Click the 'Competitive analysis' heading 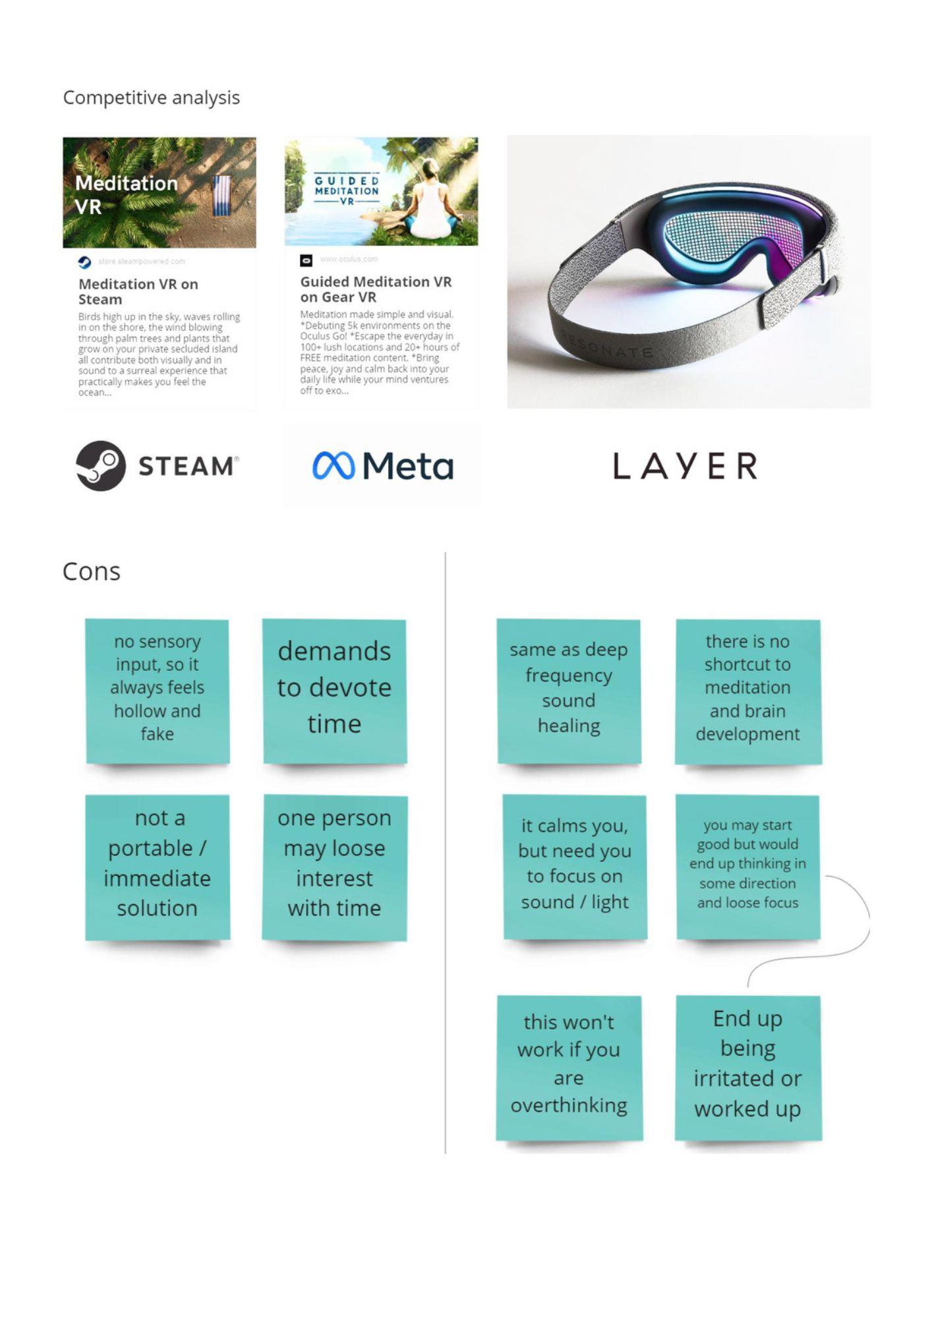click(151, 98)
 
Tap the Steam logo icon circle click(100, 466)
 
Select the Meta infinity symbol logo click(334, 466)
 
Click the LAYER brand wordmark click(685, 466)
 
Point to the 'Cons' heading click(92, 571)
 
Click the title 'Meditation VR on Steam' click(138, 291)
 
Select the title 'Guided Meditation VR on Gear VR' click(376, 289)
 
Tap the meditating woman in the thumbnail click(431, 201)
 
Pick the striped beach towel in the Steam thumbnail click(222, 196)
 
